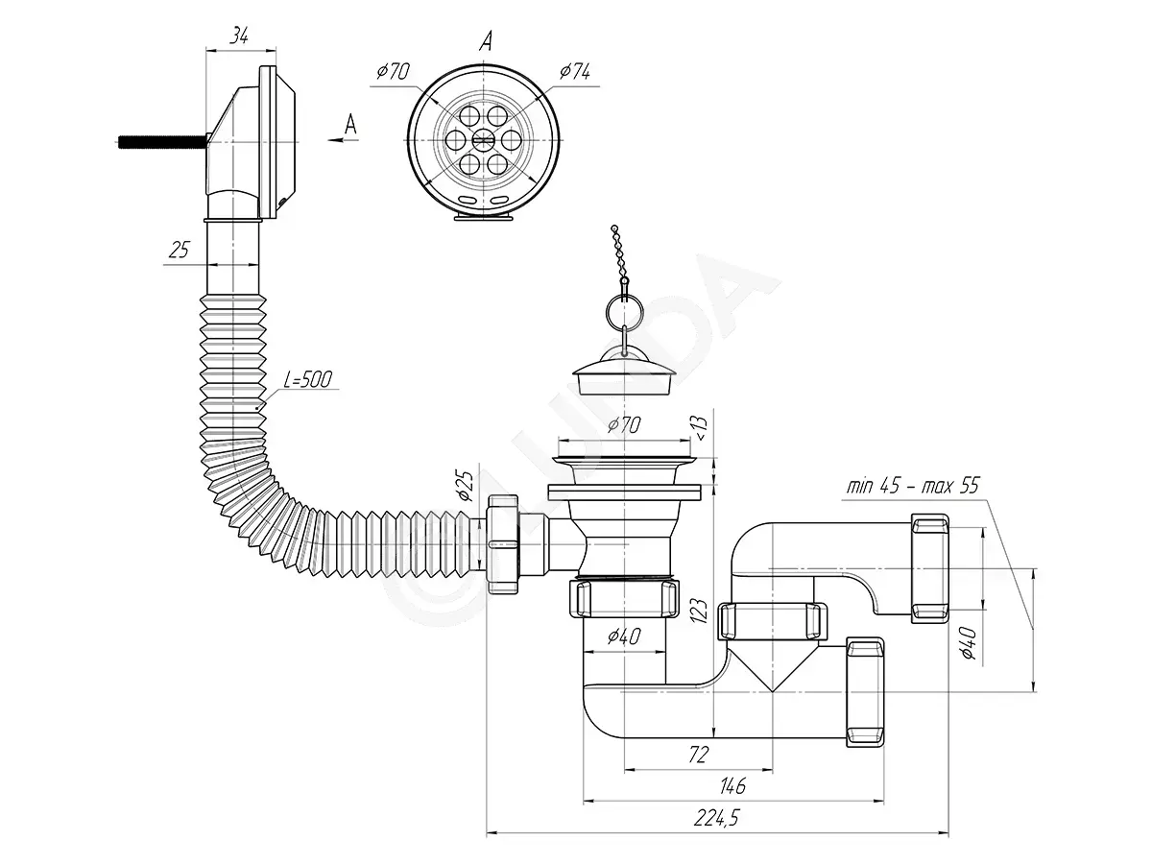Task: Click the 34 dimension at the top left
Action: tap(239, 36)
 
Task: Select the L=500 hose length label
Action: tap(308, 379)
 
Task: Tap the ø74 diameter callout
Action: tap(575, 71)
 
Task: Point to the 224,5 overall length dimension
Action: tap(716, 817)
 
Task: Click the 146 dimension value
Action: tap(732, 786)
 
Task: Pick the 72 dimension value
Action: tap(698, 755)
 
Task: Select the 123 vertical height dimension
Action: tap(700, 611)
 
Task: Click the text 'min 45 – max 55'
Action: tap(913, 486)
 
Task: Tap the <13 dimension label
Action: tap(701, 429)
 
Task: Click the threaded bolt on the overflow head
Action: tap(161, 141)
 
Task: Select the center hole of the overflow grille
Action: tap(483, 139)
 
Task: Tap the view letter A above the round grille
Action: tap(486, 41)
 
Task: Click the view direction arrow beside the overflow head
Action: tap(344, 140)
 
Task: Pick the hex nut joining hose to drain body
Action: tap(503, 544)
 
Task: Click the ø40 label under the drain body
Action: tap(624, 636)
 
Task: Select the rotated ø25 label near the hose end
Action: tap(466, 486)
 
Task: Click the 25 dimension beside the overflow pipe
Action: tap(179, 250)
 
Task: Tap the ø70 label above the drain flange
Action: tap(624, 425)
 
